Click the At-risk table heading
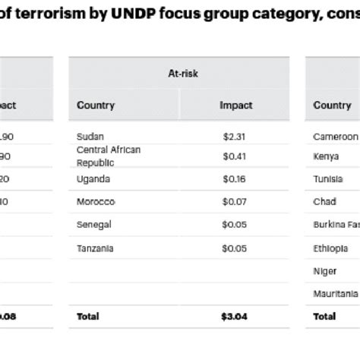(179, 74)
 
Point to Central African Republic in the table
(109, 156)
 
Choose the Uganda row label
(93, 179)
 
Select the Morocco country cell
(96, 202)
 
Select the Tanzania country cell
(96, 248)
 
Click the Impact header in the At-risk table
(235, 106)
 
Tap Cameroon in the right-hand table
(335, 137)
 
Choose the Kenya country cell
(326, 157)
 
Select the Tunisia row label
(328, 179)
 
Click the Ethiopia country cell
(331, 248)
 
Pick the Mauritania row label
(336, 293)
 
